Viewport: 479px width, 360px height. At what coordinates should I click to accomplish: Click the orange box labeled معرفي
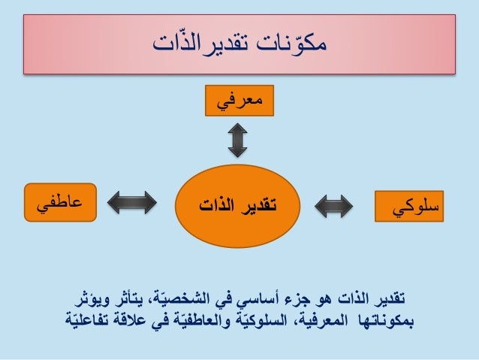(x=238, y=101)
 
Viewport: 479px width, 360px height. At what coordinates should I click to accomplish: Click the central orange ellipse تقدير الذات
(x=239, y=202)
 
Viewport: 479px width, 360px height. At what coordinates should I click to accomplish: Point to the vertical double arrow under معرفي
(x=238, y=141)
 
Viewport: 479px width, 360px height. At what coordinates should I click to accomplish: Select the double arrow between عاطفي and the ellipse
(x=133, y=202)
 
